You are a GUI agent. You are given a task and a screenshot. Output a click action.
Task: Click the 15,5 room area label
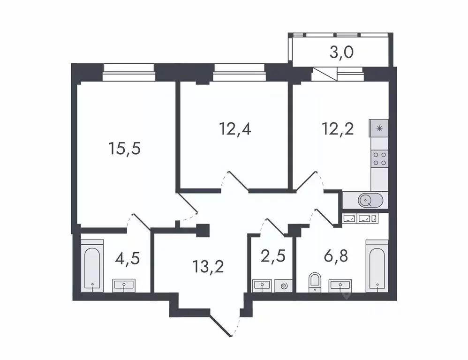[x=125, y=149]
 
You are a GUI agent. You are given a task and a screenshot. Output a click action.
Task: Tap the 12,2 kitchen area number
[x=338, y=127]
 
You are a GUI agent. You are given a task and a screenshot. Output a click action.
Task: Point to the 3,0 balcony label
[x=341, y=51]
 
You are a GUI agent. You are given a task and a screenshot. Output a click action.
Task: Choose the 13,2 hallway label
[x=208, y=267]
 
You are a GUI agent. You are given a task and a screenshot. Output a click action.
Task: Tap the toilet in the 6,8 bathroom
[x=314, y=283]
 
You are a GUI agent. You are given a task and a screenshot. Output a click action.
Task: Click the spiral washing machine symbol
[x=283, y=285]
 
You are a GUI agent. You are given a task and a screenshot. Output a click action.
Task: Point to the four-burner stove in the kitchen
[x=379, y=158]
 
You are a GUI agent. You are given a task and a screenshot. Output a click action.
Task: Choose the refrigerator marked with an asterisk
[x=379, y=127]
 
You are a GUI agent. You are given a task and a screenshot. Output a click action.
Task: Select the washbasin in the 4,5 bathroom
[x=124, y=285]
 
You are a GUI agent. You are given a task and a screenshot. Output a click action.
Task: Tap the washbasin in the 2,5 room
[x=262, y=285]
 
